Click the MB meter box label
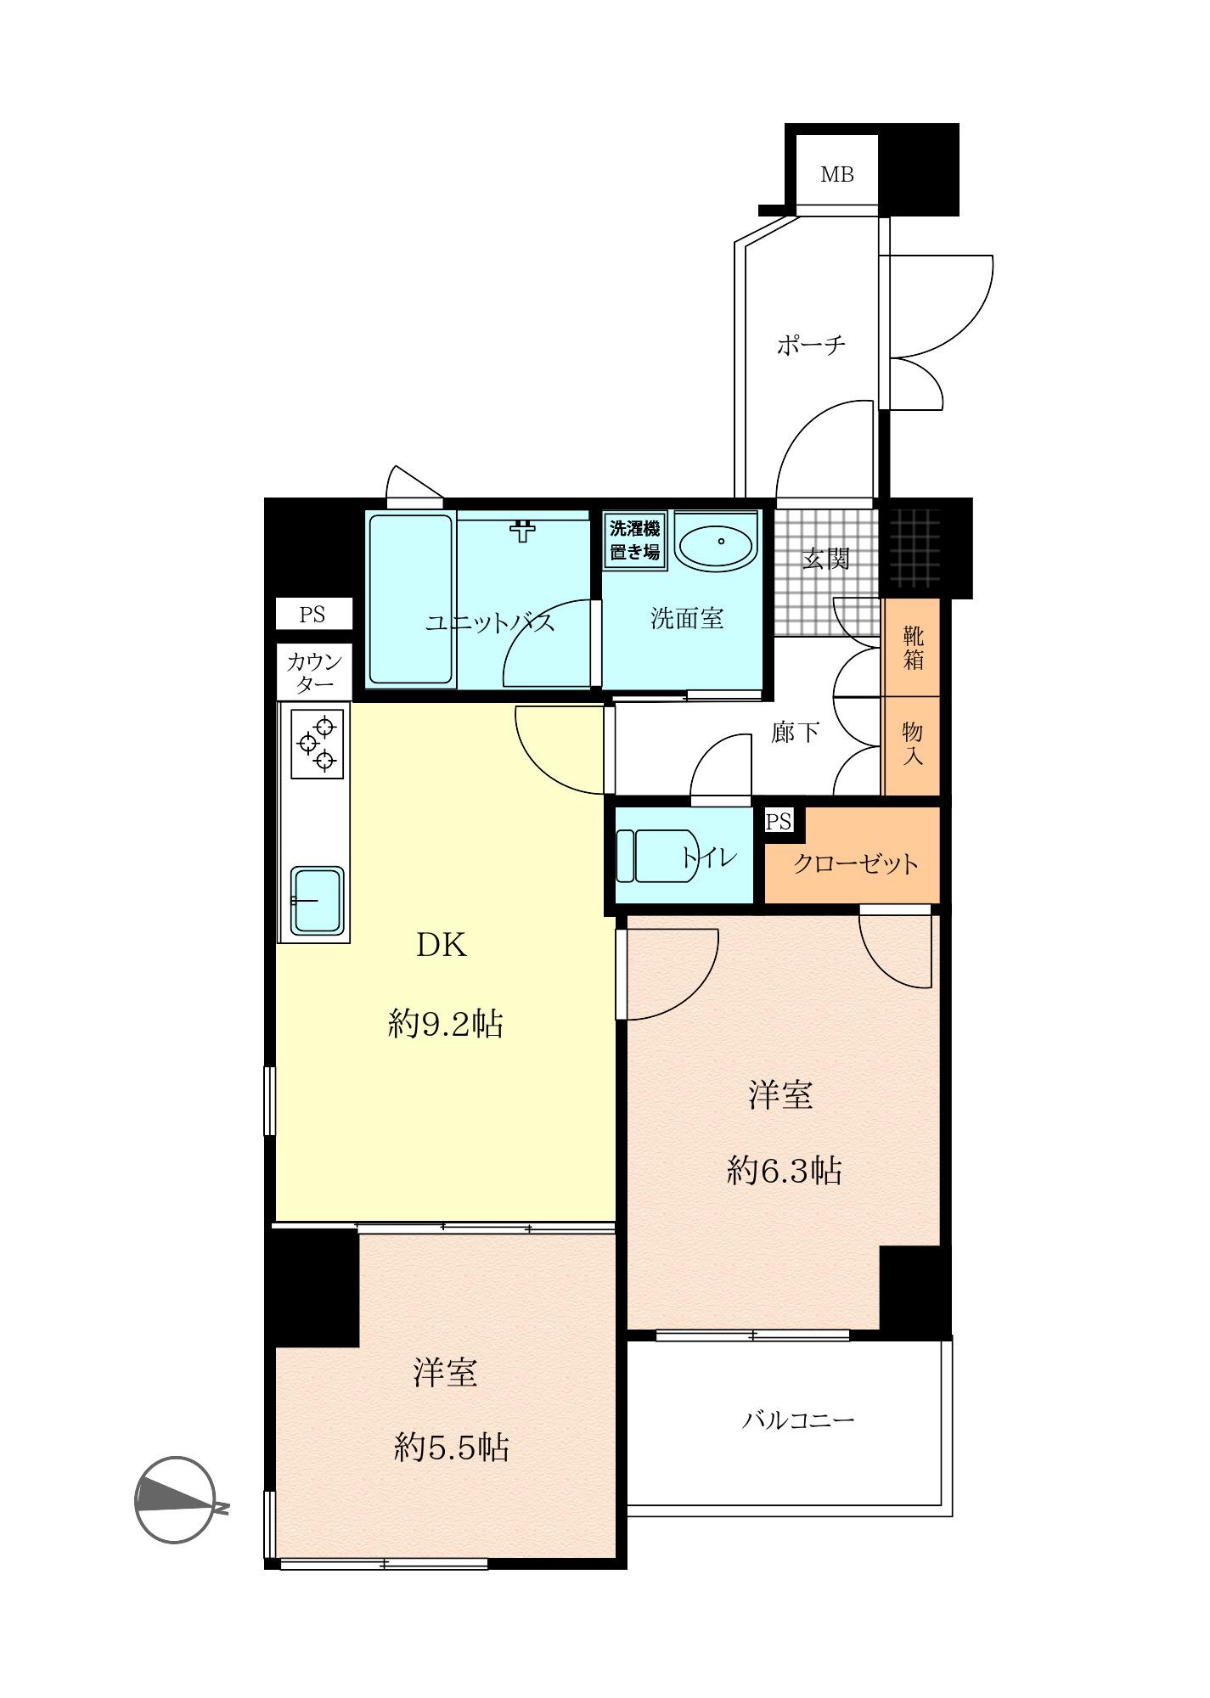pyautogui.click(x=836, y=175)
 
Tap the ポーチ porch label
pyautogui.click(x=811, y=346)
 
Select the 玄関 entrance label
pyautogui.click(x=826, y=559)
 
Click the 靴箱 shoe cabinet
pyautogui.click(x=912, y=648)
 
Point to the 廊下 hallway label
pyautogui.click(x=796, y=732)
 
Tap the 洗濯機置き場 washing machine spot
pyautogui.click(x=635, y=539)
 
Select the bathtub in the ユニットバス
pyautogui.click(x=410, y=599)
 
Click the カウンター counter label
pyautogui.click(x=313, y=672)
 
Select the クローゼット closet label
pyautogui.click(x=855, y=863)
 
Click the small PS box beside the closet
pyautogui.click(x=779, y=821)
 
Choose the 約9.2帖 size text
pyautogui.click(x=446, y=1025)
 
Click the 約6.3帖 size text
pyautogui.click(x=784, y=1171)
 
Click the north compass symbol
pyautogui.click(x=181, y=1500)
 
